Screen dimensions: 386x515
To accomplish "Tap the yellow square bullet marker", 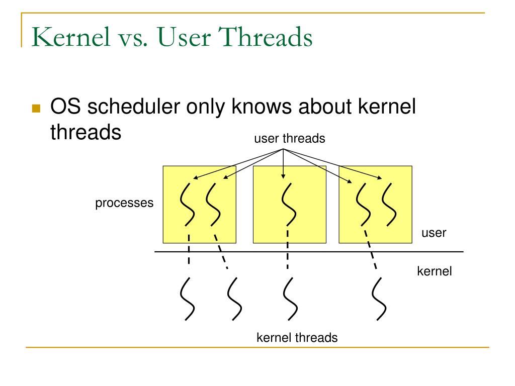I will tap(36, 109).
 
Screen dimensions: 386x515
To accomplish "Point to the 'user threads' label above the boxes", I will tap(289, 139).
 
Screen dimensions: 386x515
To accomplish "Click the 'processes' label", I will tap(124, 204).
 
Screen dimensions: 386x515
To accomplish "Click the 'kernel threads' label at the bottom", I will tap(297, 337).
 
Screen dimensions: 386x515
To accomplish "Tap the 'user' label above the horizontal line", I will tap(434, 233).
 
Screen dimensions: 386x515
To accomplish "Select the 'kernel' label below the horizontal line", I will tap(435, 271).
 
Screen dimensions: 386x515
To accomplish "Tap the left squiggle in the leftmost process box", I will tap(188, 204).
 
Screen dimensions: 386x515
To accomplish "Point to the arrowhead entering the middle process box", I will tap(283, 176).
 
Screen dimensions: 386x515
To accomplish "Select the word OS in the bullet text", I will tap(64, 108).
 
